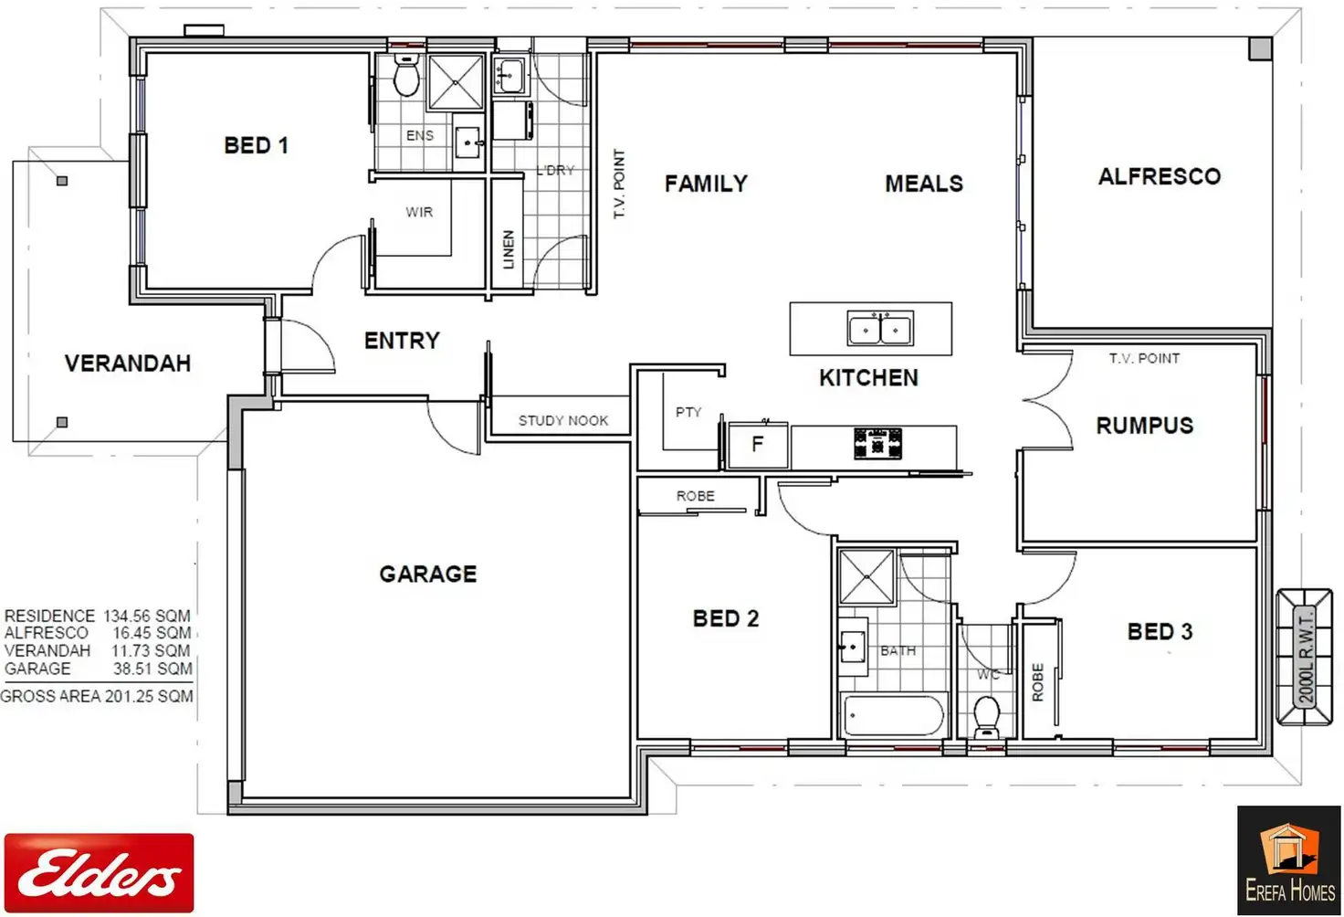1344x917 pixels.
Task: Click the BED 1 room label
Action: pyautogui.click(x=256, y=145)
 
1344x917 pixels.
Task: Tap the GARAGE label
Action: pyautogui.click(x=427, y=574)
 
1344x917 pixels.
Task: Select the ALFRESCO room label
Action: pyautogui.click(x=1159, y=176)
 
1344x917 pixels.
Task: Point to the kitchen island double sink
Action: pyautogui.click(x=879, y=329)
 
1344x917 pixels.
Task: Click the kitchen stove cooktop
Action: pyautogui.click(x=877, y=444)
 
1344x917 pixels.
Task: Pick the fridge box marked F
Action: pyautogui.click(x=757, y=446)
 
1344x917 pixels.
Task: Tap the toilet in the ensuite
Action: pyautogui.click(x=405, y=76)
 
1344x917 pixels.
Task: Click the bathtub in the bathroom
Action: pyautogui.click(x=893, y=715)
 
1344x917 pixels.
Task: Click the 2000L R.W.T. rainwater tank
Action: pyautogui.click(x=1305, y=658)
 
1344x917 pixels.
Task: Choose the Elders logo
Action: pyautogui.click(x=99, y=873)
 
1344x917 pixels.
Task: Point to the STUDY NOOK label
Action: pyautogui.click(x=562, y=420)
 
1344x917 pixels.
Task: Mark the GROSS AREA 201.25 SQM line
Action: pyautogui.click(x=97, y=696)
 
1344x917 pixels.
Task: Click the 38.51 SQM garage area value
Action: pyautogui.click(x=152, y=669)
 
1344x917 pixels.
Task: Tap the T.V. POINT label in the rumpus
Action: pyautogui.click(x=1144, y=358)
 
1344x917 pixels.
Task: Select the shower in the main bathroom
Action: pyautogui.click(x=866, y=576)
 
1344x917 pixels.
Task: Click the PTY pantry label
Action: pyautogui.click(x=688, y=412)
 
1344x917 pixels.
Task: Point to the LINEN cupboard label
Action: pyautogui.click(x=509, y=249)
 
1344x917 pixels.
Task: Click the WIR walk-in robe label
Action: pyautogui.click(x=419, y=212)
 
